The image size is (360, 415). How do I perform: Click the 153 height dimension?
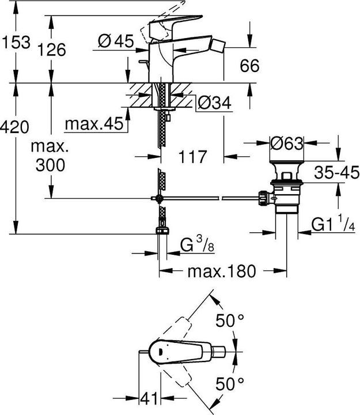click(16, 41)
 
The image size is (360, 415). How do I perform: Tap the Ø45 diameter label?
click(115, 41)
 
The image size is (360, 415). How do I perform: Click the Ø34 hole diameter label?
click(214, 103)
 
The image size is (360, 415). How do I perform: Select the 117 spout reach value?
click(191, 156)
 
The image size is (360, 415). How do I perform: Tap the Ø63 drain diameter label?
click(286, 144)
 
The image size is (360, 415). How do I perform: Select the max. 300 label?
click(50, 156)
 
